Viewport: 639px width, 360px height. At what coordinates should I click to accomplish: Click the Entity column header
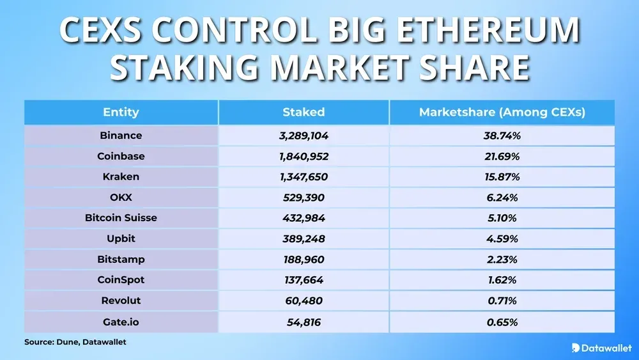pos(121,113)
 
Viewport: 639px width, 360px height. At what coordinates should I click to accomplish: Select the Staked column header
pos(304,113)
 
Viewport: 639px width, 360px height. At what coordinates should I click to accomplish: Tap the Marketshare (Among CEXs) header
pos(502,113)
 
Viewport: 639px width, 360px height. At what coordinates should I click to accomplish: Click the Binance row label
pos(121,136)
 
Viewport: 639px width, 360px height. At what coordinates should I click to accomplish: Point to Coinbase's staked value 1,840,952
pos(304,156)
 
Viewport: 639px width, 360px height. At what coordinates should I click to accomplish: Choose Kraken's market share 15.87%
pos(502,176)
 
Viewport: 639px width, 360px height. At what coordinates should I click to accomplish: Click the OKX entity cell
pos(121,198)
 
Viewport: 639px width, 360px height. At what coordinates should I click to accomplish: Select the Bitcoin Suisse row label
pos(121,218)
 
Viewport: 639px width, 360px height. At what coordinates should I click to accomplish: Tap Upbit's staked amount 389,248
pos(304,239)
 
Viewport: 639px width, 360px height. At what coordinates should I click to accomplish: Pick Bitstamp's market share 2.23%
pos(502,259)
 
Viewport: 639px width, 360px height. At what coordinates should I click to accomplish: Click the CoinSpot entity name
pos(121,279)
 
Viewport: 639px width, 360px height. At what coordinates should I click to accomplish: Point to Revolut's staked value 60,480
pos(304,301)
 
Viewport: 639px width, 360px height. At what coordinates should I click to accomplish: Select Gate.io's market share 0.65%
pos(502,321)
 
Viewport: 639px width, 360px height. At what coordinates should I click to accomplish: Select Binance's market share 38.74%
pos(502,136)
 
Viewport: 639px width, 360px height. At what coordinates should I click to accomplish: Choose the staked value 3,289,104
pos(304,136)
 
